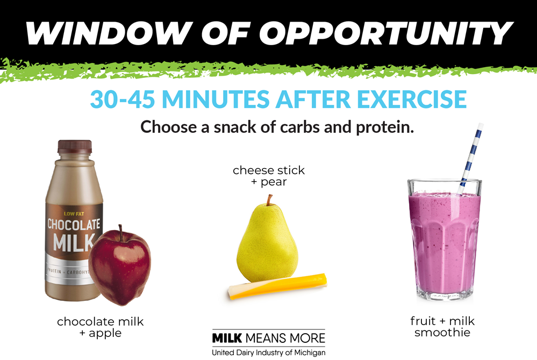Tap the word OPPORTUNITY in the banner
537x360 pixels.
pyautogui.click(x=386, y=33)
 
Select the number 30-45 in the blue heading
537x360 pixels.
pyautogui.click(x=123, y=99)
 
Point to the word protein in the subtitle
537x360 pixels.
pyautogui.click(x=385, y=127)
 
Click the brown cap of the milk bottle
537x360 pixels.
pyautogui.click(x=75, y=147)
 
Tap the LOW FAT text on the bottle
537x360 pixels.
pyautogui.click(x=74, y=214)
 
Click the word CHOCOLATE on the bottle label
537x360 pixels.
pyautogui.click(x=74, y=225)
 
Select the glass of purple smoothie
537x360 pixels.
pyautogui.click(x=445, y=240)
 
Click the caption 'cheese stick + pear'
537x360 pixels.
pyautogui.click(x=269, y=176)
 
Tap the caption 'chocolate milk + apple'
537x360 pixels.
pyautogui.click(x=101, y=327)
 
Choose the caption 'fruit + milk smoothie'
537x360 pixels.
pyautogui.click(x=442, y=327)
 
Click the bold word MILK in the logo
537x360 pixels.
pyautogui.click(x=227, y=338)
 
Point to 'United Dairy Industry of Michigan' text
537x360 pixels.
pyautogui.click(x=269, y=352)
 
